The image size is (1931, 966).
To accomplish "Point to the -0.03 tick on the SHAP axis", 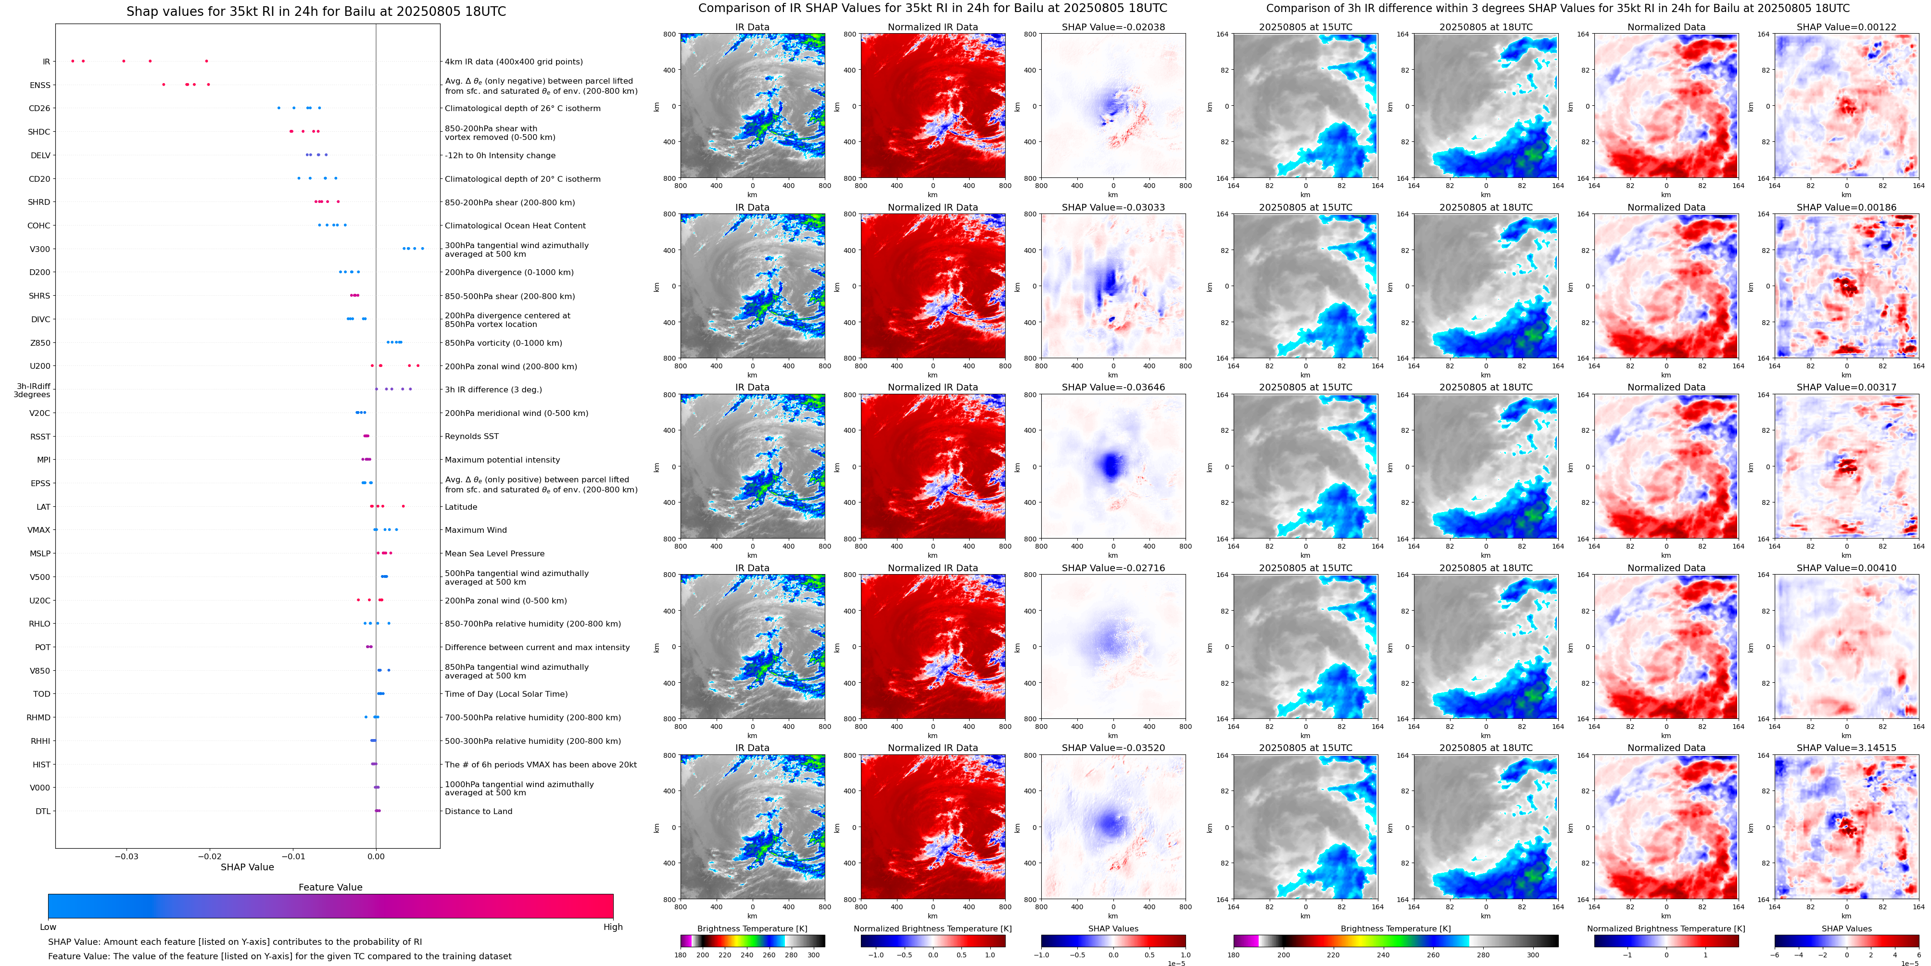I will coord(126,856).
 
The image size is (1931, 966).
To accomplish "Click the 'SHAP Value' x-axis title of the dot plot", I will coord(247,867).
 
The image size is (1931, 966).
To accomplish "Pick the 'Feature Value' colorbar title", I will coord(330,887).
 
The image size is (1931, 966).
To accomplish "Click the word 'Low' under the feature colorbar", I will coord(48,927).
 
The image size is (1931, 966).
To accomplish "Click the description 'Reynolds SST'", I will coord(471,436).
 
